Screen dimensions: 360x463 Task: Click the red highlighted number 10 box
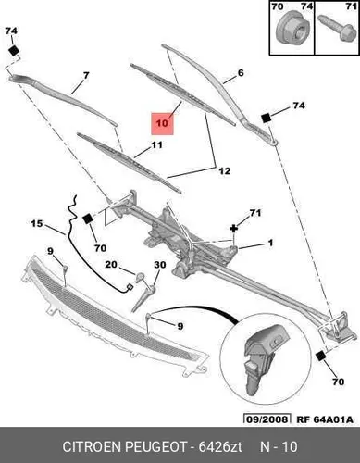pyautogui.click(x=162, y=123)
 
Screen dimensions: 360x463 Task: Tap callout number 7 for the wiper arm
pyautogui.click(x=86, y=75)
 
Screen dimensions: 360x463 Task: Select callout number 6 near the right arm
pyautogui.click(x=241, y=73)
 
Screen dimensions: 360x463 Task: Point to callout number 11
pyautogui.click(x=156, y=144)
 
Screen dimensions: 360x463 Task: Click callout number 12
pyautogui.click(x=225, y=170)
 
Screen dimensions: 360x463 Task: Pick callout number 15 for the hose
pyautogui.click(x=37, y=223)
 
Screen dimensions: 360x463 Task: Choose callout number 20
pyautogui.click(x=111, y=265)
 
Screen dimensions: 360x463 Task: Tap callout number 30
pyautogui.click(x=160, y=265)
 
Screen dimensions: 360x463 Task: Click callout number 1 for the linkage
pyautogui.click(x=270, y=243)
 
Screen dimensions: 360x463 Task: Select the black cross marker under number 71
pyautogui.click(x=234, y=229)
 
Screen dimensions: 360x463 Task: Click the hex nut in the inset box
pyautogui.click(x=290, y=30)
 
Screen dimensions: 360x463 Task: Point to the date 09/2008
pyautogui.click(x=267, y=419)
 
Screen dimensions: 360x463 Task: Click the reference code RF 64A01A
pyautogui.click(x=325, y=419)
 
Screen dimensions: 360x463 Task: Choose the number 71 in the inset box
pyautogui.click(x=351, y=6)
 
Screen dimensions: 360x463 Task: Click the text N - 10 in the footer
pyautogui.click(x=279, y=446)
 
